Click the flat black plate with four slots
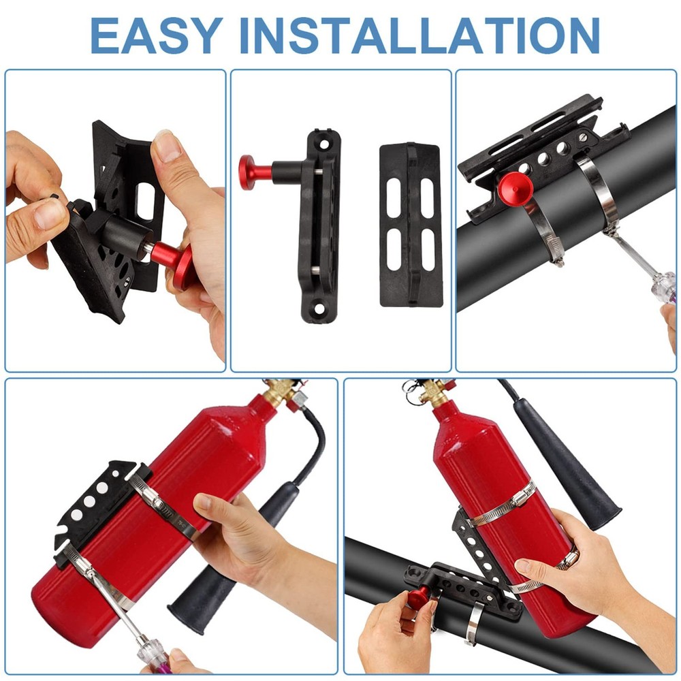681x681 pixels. pos(411,225)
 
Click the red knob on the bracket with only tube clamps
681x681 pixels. pos(513,187)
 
